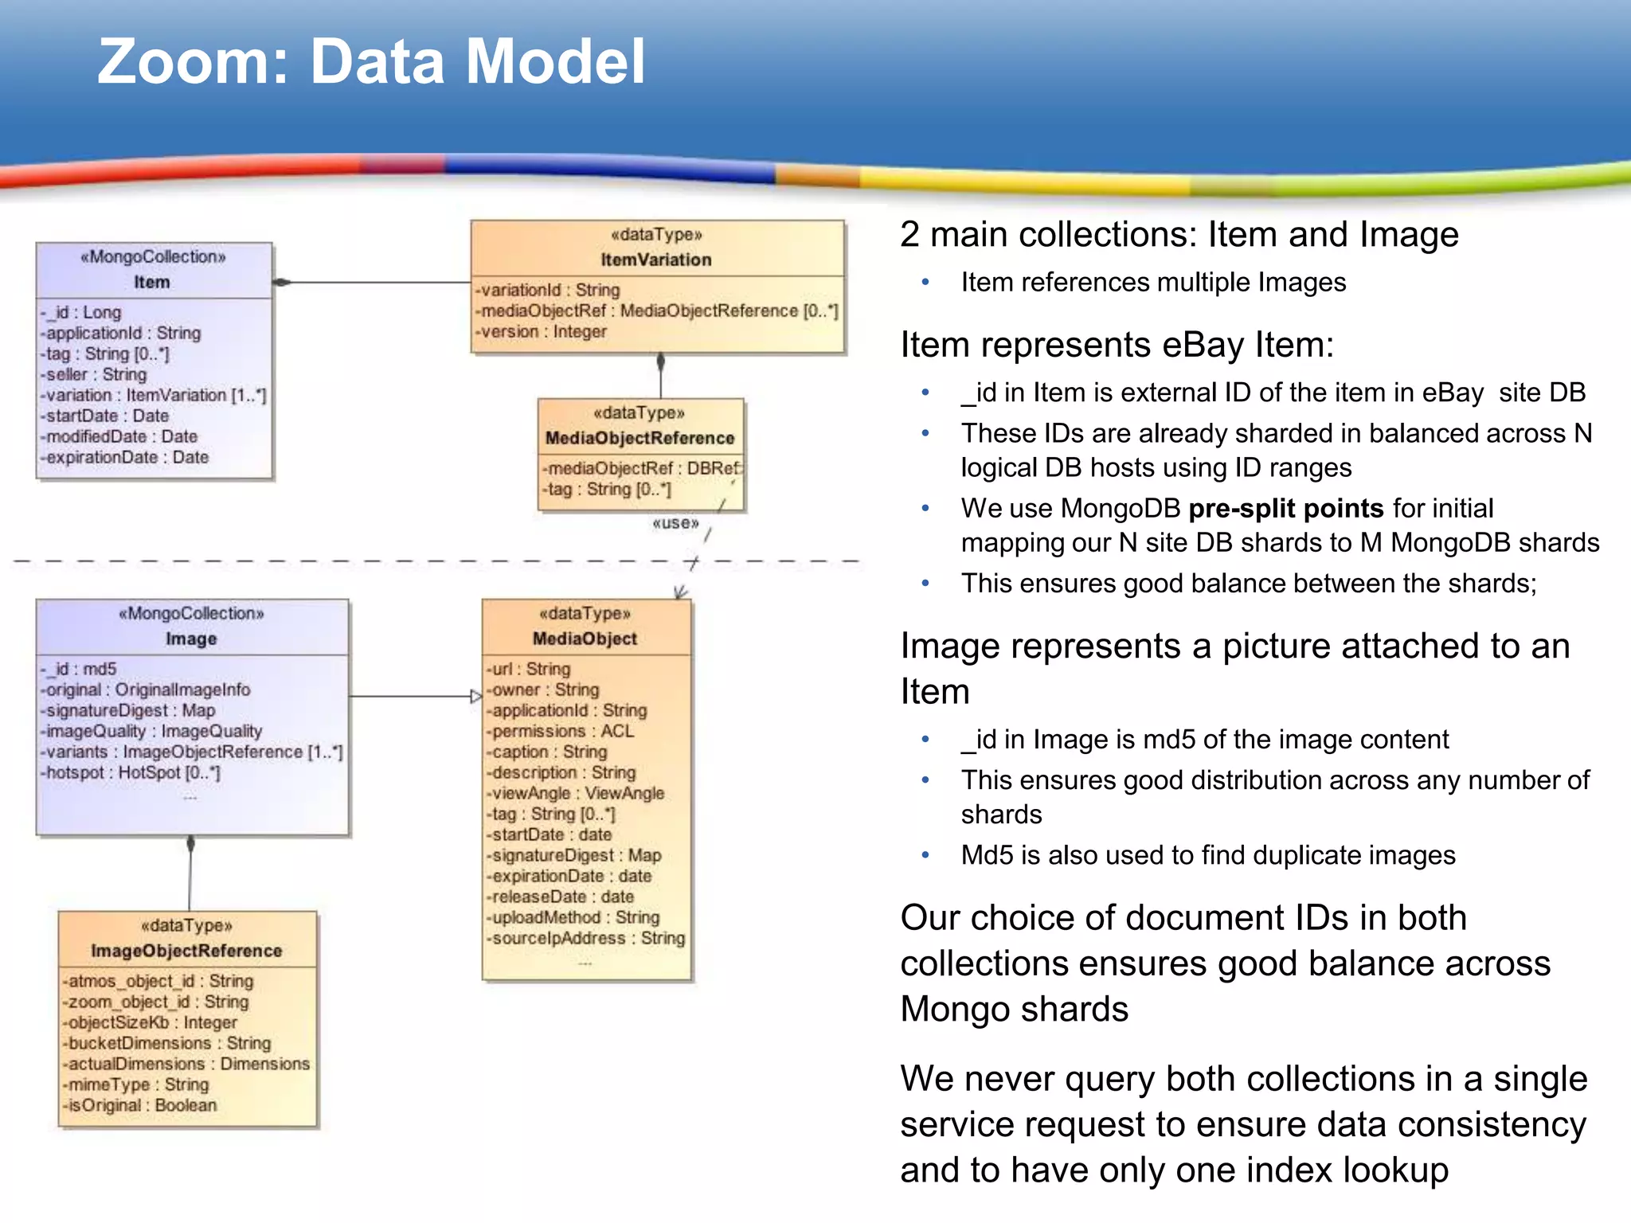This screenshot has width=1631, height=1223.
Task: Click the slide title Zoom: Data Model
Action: [x=371, y=62]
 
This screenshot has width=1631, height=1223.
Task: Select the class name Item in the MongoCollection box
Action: [x=151, y=282]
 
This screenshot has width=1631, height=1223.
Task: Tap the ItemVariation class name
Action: [x=656, y=260]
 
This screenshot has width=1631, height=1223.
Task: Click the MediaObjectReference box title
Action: [x=639, y=438]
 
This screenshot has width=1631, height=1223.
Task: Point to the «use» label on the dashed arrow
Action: [x=675, y=523]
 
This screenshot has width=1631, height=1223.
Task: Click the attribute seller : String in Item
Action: [x=96, y=374]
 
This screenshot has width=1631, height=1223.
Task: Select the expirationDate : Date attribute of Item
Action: [x=127, y=457]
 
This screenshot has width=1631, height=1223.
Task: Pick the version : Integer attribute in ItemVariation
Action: [x=542, y=331]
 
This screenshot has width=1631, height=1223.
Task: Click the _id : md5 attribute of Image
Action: [x=80, y=669]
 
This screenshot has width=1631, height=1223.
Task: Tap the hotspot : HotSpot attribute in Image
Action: [x=132, y=772]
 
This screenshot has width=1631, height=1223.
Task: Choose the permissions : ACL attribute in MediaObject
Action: [x=562, y=731]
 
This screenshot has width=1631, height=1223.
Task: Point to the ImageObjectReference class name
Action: [x=186, y=951]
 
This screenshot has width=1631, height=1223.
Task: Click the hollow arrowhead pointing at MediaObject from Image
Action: [x=475, y=697]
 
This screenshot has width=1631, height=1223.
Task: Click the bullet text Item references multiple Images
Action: [x=1152, y=283]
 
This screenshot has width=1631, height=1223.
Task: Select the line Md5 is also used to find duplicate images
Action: [x=1207, y=855]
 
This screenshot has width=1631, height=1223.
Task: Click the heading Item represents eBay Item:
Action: [x=1117, y=345]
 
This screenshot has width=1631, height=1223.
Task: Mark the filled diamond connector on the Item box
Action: [x=282, y=282]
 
